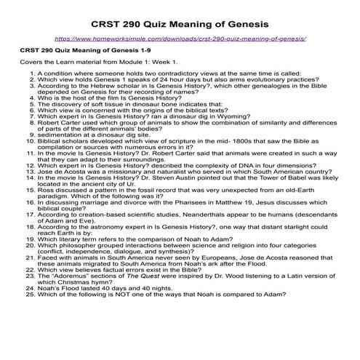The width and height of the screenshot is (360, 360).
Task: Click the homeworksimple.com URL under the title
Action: click(x=180, y=36)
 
